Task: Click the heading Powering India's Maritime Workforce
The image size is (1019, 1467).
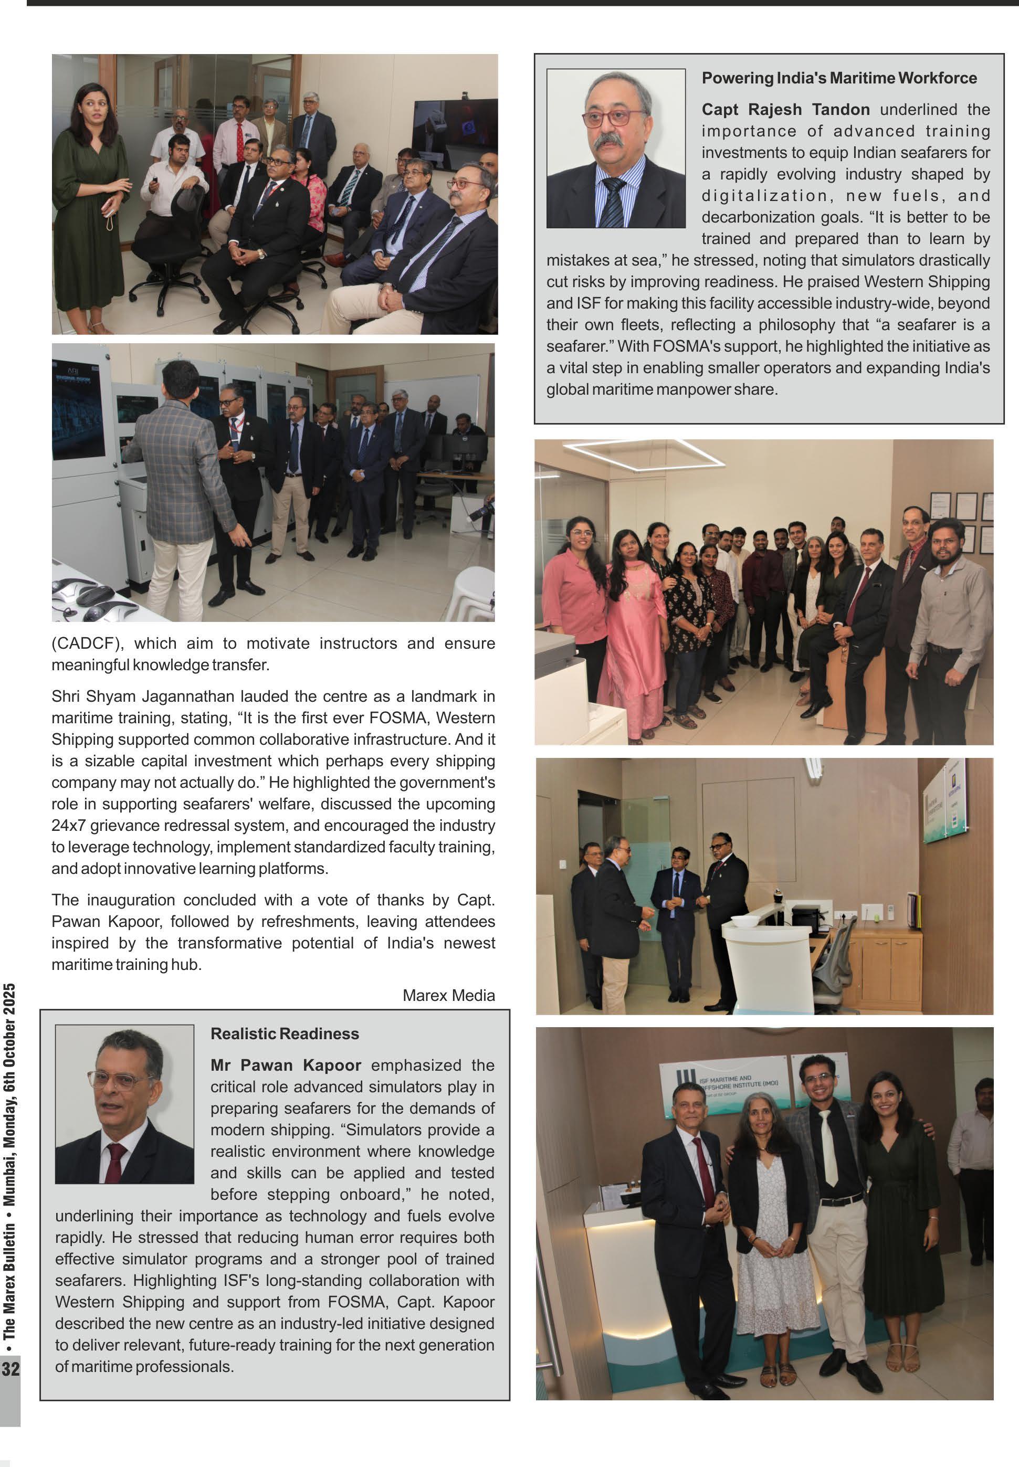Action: (x=839, y=78)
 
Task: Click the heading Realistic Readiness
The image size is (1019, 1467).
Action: (x=285, y=1033)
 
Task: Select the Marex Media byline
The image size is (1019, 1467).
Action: (x=448, y=995)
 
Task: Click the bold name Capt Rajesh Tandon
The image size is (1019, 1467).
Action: (x=785, y=110)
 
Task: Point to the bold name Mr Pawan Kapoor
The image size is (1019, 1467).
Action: (x=286, y=1065)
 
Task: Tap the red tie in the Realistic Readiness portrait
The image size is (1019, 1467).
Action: (x=116, y=1163)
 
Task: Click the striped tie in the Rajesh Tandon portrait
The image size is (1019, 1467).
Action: (x=613, y=203)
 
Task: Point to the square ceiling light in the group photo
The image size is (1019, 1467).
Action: (x=645, y=455)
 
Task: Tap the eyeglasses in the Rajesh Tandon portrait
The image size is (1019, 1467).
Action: (x=614, y=118)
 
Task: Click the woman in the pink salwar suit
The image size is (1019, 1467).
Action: (x=632, y=626)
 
